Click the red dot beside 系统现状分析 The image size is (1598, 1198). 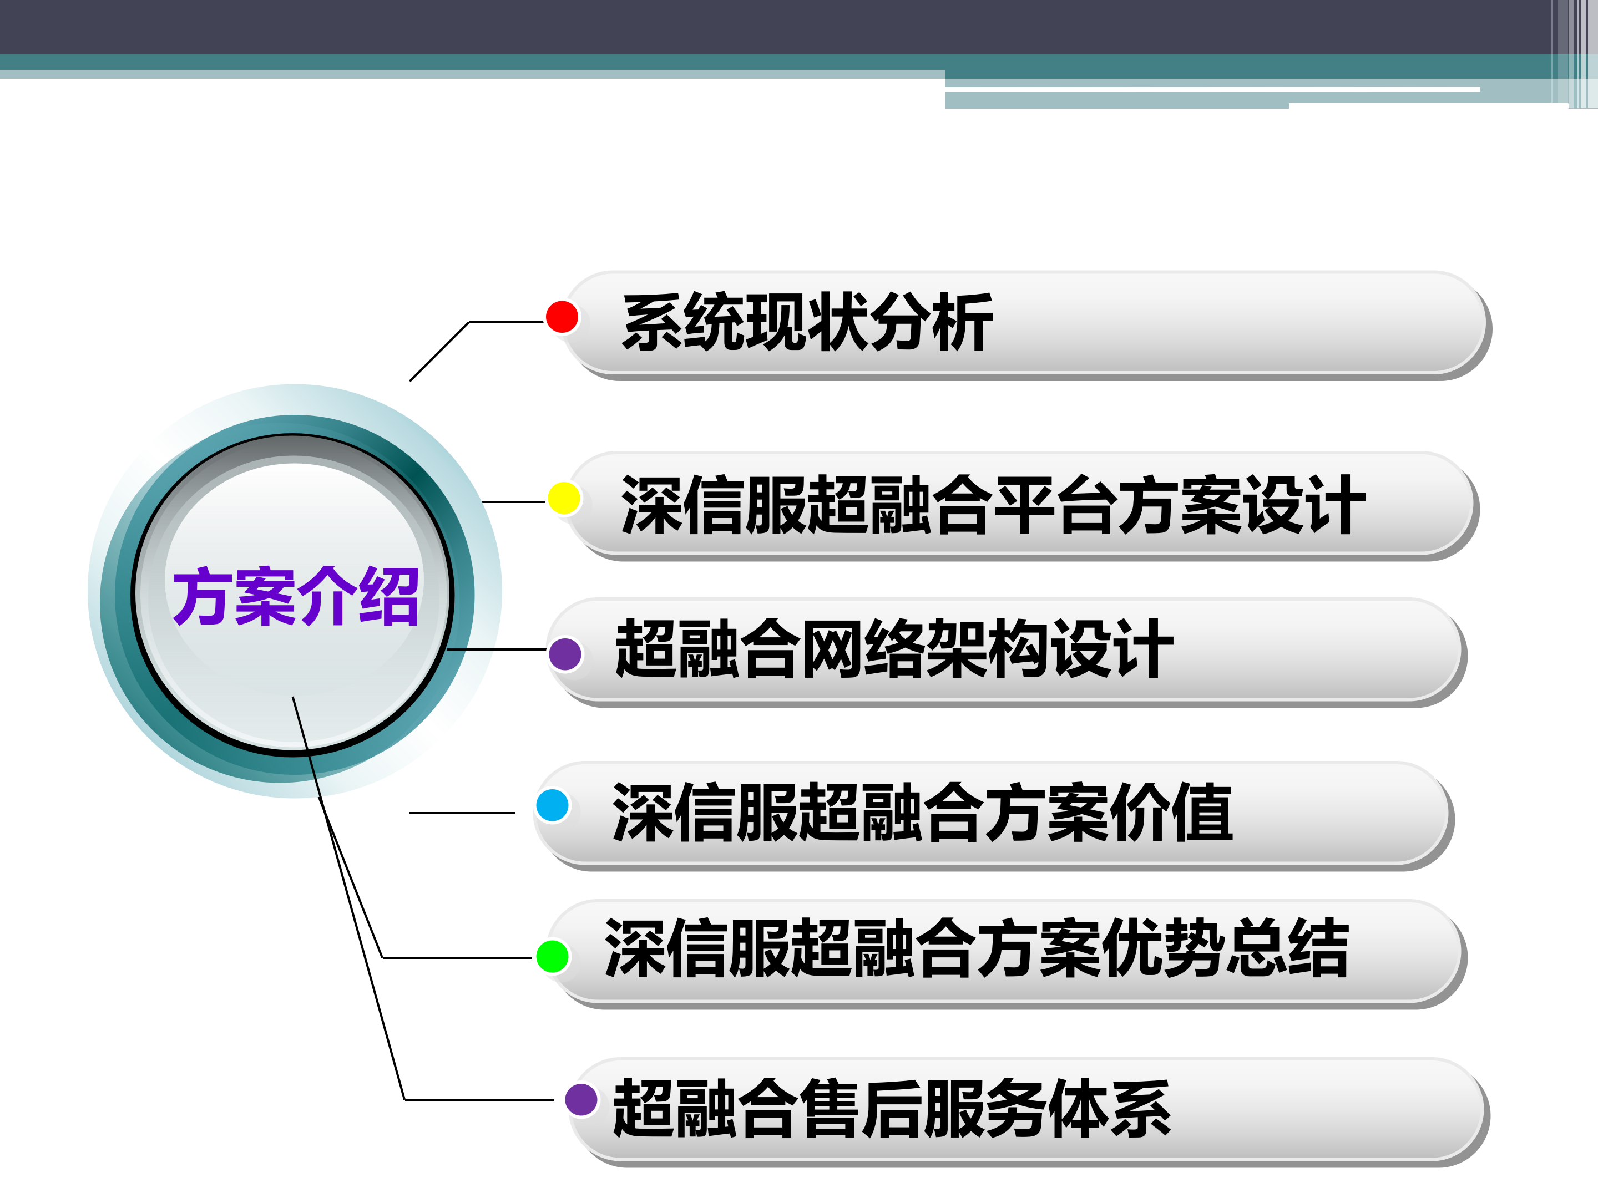[x=562, y=317]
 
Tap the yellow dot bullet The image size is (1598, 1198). [x=564, y=498]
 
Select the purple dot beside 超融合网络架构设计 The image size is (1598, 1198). [x=565, y=654]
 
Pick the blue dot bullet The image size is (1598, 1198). [x=553, y=805]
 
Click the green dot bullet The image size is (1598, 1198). [x=553, y=956]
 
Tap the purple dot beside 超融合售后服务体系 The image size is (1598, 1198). [x=581, y=1100]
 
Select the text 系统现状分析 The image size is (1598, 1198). [x=806, y=323]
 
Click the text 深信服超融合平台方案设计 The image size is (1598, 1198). [x=992, y=505]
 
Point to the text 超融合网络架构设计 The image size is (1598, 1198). [x=894, y=649]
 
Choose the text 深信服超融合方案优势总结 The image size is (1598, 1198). [x=976, y=948]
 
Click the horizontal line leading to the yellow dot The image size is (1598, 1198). [x=513, y=502]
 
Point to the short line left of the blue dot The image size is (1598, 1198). [x=462, y=813]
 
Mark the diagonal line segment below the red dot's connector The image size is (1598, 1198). [x=439, y=352]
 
